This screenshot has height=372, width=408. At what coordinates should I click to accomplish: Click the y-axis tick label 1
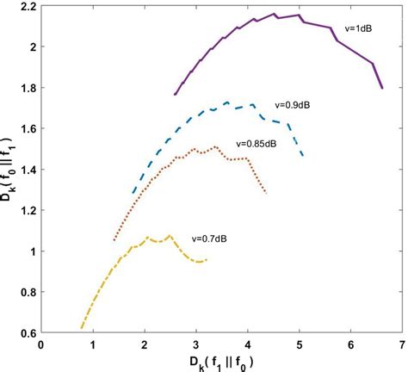(31, 251)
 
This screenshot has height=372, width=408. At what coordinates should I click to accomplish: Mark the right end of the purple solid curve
(381, 88)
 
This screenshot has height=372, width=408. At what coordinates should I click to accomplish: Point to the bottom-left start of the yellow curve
(82, 327)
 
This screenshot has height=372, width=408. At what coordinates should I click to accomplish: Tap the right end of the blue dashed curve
(303, 156)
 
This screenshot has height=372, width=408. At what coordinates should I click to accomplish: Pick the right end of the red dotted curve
(266, 194)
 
